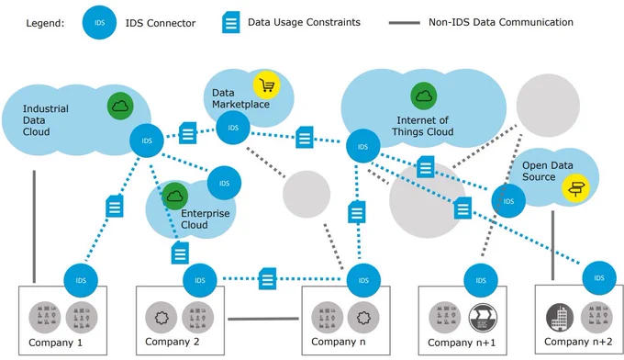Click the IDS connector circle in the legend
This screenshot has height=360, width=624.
(99, 23)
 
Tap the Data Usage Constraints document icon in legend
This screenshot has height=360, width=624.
(231, 22)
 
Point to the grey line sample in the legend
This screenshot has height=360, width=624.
(404, 23)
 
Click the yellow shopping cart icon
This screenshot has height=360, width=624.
(267, 84)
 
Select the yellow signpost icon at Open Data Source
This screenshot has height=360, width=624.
(575, 187)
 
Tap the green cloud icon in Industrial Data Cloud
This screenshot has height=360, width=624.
(120, 106)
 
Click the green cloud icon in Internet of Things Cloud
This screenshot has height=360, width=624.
(424, 96)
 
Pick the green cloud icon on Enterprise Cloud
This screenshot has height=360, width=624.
(175, 197)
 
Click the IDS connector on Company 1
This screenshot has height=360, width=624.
(81, 280)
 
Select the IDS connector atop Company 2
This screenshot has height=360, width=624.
(200, 280)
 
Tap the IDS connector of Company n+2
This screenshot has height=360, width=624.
(599, 278)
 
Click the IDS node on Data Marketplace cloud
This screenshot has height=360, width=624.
(233, 128)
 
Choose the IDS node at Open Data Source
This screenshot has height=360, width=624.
(508, 201)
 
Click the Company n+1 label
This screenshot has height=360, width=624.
(462, 343)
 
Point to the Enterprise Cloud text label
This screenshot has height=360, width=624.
(205, 219)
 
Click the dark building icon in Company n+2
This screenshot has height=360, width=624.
(560, 318)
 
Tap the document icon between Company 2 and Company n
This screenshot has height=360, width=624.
(267, 278)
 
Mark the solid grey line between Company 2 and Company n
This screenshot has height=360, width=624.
(263, 319)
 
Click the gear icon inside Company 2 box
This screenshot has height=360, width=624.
(162, 318)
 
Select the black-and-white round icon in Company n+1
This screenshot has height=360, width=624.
(483, 318)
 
